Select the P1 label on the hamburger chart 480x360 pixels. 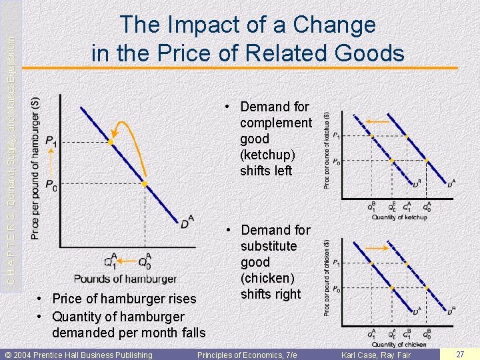(x=51, y=141)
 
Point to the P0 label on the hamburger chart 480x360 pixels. (x=51, y=186)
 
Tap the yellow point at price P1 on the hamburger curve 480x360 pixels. (x=111, y=142)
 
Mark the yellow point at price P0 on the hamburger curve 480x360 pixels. (x=144, y=184)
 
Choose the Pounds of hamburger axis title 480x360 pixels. (x=125, y=279)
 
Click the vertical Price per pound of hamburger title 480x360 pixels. (x=35, y=168)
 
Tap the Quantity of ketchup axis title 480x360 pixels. (x=399, y=217)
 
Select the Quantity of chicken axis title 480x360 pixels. (x=399, y=344)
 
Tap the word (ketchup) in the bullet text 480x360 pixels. (x=267, y=155)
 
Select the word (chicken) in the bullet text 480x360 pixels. (x=269, y=278)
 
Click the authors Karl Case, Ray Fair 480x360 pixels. (x=376, y=355)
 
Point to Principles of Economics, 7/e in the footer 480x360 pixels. (x=247, y=355)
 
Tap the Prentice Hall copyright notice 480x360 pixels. (x=79, y=355)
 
